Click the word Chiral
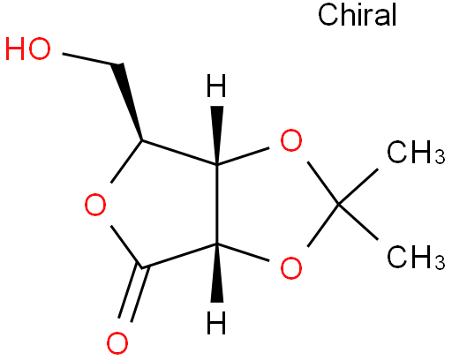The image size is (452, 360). [x=358, y=15]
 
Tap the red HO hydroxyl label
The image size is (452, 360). [x=28, y=49]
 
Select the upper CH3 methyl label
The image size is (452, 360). [x=416, y=152]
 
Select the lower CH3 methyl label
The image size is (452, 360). [x=416, y=257]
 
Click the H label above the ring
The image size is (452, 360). [x=216, y=86]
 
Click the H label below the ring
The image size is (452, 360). [x=216, y=322]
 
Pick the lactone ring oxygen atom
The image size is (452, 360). [x=95, y=205]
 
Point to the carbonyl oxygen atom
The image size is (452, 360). [x=117, y=343]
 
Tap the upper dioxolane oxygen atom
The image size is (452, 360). [x=291, y=140]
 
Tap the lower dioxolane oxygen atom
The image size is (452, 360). [x=291, y=267]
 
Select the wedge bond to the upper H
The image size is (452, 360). [x=217, y=135]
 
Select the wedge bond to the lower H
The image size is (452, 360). [x=217, y=273]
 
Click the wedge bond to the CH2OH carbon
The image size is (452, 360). [x=128, y=101]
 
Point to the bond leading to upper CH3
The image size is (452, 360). [x=358, y=186]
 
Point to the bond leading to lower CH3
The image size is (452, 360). [x=358, y=221]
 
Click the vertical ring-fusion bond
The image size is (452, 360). [x=217, y=204]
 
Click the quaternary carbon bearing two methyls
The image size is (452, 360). [x=338, y=204]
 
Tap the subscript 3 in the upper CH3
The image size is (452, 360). [x=440, y=156]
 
